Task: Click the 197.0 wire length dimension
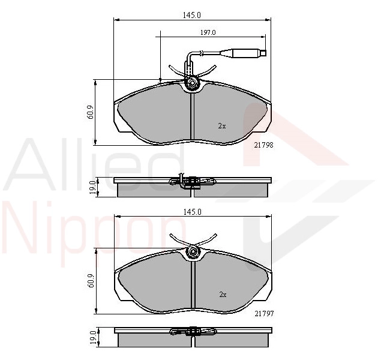pos(208,32)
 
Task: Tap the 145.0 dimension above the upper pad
pos(192,15)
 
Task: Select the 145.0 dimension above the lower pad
pos(193,212)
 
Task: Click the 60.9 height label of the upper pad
pos(91,113)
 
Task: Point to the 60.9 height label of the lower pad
pos(91,281)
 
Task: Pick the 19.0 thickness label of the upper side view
pos(92,188)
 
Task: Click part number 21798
pos(264,145)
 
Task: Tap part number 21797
pos(264,314)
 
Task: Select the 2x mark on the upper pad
pos(222,126)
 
